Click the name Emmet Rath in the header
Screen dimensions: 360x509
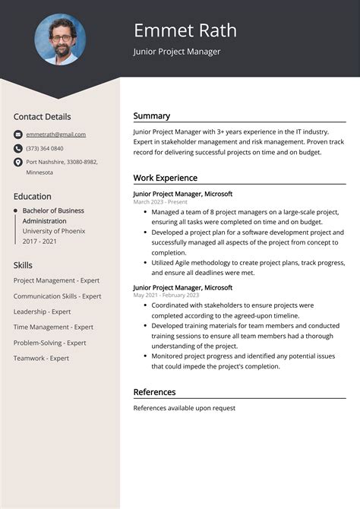(185, 30)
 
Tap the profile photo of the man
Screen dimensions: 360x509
(60, 40)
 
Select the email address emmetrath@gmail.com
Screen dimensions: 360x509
(55, 134)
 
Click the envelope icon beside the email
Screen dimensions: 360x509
(18, 134)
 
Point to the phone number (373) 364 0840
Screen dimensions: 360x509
(45, 148)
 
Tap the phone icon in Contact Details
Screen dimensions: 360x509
(18, 148)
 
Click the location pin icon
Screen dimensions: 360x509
(18, 163)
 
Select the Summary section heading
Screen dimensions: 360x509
(152, 116)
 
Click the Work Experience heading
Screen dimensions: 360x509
(165, 178)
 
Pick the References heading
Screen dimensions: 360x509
(154, 392)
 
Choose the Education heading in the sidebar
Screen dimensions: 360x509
(33, 196)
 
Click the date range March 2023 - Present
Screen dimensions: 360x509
(159, 202)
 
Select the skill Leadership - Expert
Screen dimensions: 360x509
(42, 311)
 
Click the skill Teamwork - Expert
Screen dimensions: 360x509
(41, 358)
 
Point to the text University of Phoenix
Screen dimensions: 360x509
(53, 231)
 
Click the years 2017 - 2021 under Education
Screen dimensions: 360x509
(39, 241)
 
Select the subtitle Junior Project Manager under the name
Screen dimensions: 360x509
(177, 52)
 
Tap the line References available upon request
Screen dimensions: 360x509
(184, 408)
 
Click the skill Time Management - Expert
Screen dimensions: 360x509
(53, 327)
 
